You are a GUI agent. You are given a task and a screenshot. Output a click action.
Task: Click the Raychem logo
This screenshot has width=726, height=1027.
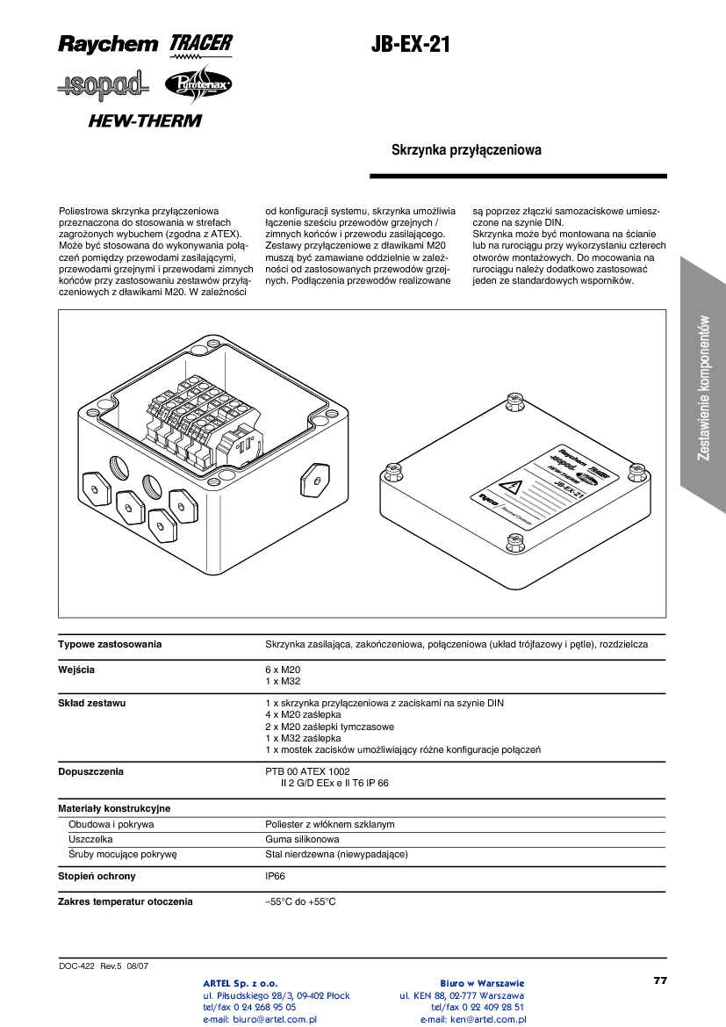click(108, 43)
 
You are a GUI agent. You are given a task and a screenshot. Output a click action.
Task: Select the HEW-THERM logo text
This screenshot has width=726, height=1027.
click(144, 120)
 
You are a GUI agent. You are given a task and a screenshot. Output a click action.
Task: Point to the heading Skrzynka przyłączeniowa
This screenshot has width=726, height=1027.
click(466, 150)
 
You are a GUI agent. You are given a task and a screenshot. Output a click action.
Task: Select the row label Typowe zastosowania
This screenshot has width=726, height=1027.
click(110, 644)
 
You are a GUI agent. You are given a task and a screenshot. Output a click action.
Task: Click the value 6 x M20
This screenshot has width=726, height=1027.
click(283, 669)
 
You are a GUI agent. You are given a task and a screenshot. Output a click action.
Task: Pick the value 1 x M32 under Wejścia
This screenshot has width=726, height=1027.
click(283, 681)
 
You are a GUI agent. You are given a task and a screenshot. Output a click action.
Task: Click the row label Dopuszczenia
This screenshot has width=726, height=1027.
click(90, 771)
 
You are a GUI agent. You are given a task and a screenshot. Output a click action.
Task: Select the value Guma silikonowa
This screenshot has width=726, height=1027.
click(302, 839)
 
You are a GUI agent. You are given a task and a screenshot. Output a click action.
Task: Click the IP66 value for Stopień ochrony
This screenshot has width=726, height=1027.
click(275, 876)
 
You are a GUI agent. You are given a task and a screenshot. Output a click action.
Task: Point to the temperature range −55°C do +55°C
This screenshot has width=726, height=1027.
click(300, 901)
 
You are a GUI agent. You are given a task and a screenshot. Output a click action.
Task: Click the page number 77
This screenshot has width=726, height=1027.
click(660, 980)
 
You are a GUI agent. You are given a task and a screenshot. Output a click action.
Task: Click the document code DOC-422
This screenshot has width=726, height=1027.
click(76, 966)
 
